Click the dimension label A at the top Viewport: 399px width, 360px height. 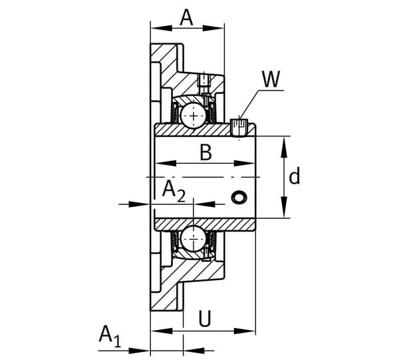pyautogui.click(x=186, y=18)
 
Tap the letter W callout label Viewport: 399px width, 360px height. pyautogui.click(x=271, y=79)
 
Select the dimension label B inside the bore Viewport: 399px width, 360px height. pyautogui.click(x=206, y=152)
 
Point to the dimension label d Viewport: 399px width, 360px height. pyautogui.click(x=295, y=176)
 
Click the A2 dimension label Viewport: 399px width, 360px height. pyautogui.click(x=174, y=191)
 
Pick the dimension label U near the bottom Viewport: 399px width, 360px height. pyautogui.click(x=205, y=318)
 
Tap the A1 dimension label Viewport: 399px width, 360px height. pyautogui.click(x=110, y=336)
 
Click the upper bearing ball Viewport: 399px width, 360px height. pyautogui.click(x=194, y=116)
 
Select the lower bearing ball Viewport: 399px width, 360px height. pyautogui.click(x=194, y=239)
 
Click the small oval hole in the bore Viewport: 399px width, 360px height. pyautogui.click(x=239, y=198)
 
